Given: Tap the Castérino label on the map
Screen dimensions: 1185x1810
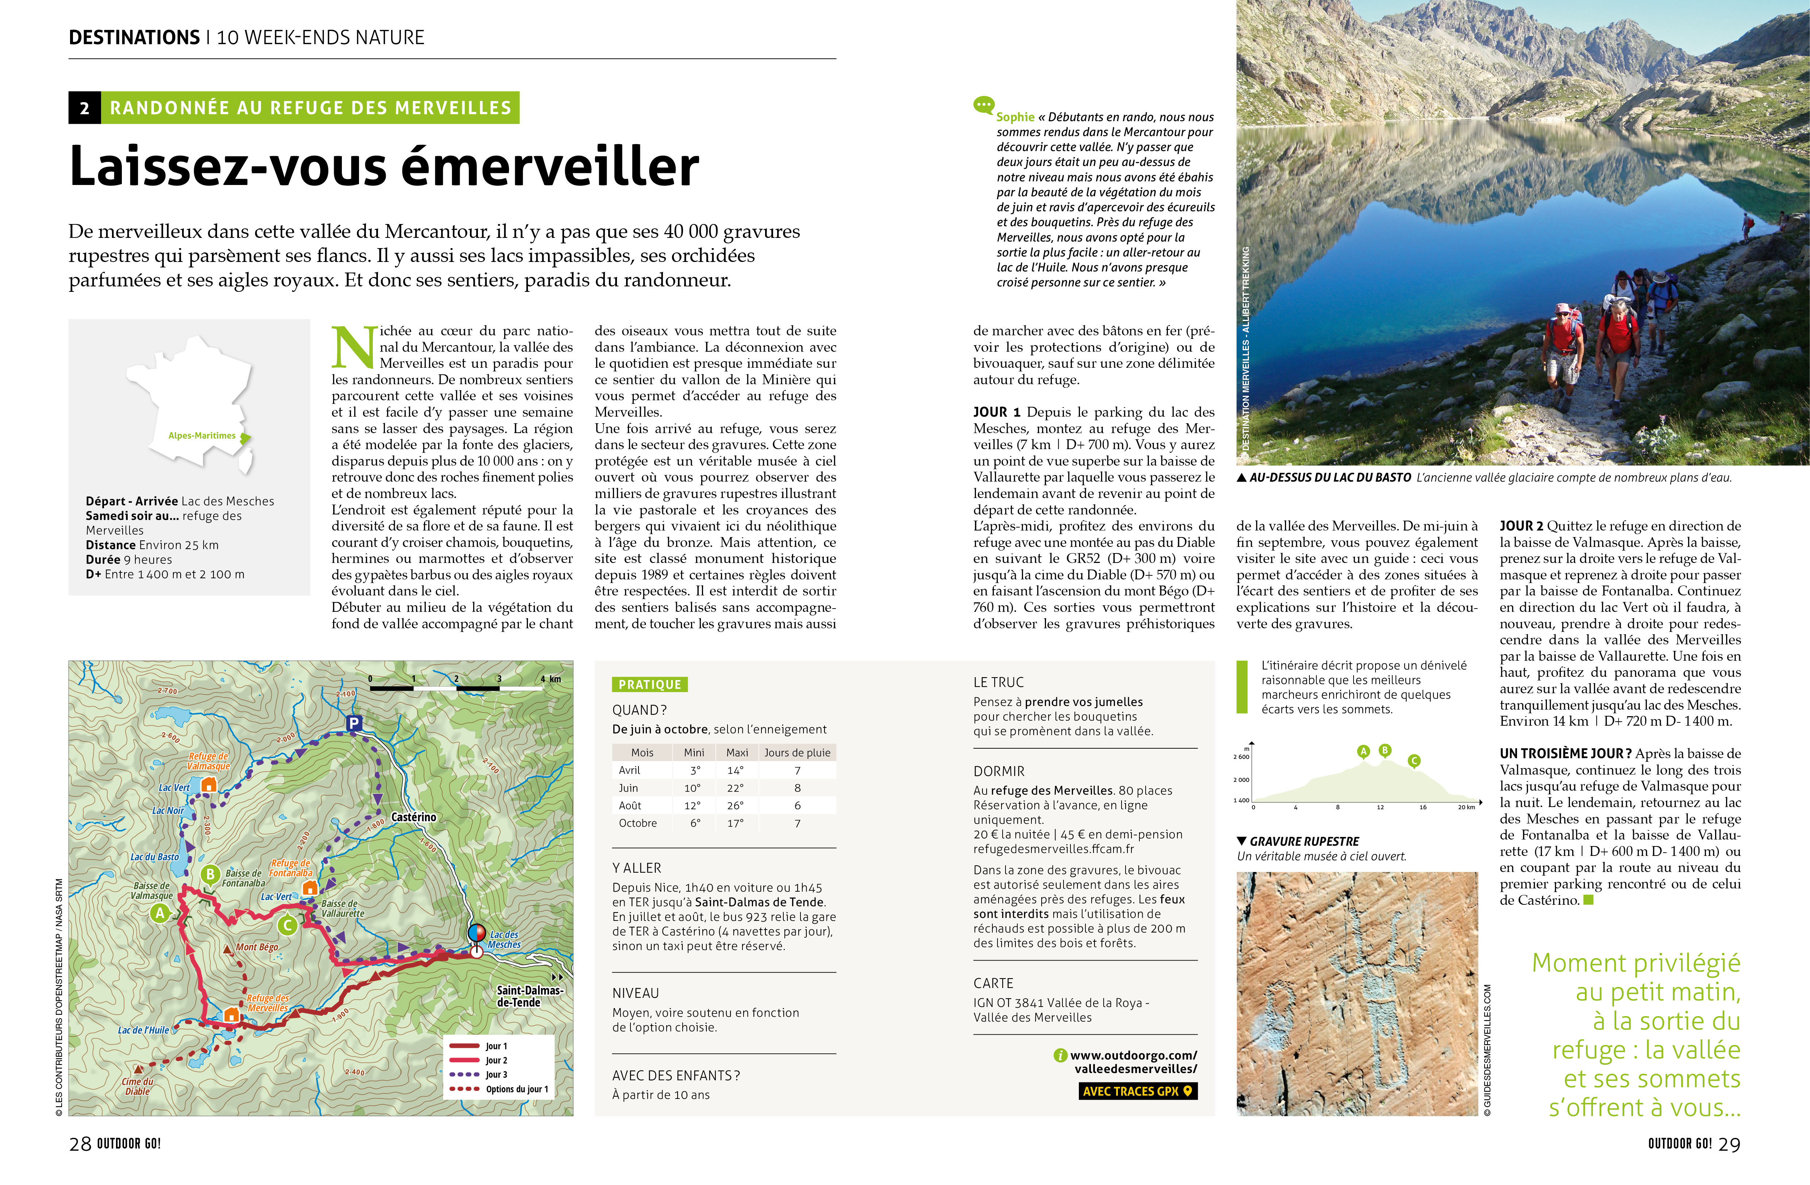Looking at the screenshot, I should pos(414,817).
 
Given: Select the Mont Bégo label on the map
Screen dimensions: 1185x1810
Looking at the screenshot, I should pos(257,947).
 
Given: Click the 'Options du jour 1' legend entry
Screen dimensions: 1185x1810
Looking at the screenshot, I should pos(517,1089).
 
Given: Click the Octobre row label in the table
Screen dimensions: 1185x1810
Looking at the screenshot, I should pos(637,823).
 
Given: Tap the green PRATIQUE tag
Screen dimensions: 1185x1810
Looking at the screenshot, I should pos(649,684).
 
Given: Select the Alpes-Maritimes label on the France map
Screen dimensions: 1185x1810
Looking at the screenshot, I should pos(202,436).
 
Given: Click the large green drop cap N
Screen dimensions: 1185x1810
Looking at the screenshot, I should pos(354,348).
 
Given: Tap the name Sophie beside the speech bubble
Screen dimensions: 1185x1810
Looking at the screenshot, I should pos(1015,117).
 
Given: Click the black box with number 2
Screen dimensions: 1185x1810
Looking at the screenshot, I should pos(84,108).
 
